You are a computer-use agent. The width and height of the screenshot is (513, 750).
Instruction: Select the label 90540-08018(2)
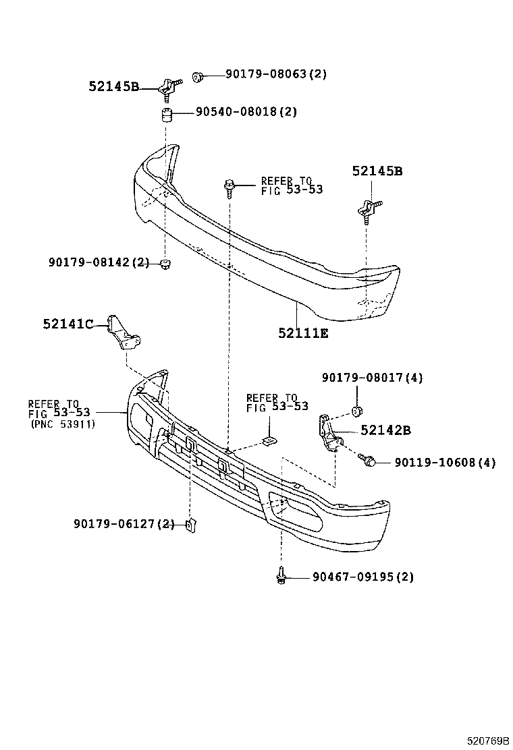246,112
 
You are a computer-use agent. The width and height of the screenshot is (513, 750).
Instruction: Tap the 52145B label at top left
113,86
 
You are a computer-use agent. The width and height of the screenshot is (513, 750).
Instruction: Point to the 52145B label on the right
377,171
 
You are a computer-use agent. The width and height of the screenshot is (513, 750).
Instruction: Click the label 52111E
303,333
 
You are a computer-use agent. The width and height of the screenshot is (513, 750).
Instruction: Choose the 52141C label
67,324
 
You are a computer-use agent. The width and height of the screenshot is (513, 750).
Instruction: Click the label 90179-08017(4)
372,378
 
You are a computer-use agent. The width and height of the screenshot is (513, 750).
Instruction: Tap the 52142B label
385,430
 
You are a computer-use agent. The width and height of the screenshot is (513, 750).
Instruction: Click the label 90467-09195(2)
362,577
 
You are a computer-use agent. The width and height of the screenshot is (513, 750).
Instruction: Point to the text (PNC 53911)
63,424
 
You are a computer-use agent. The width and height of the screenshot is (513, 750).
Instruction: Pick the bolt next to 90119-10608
369,461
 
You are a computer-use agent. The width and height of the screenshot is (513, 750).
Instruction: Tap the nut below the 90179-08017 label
357,411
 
